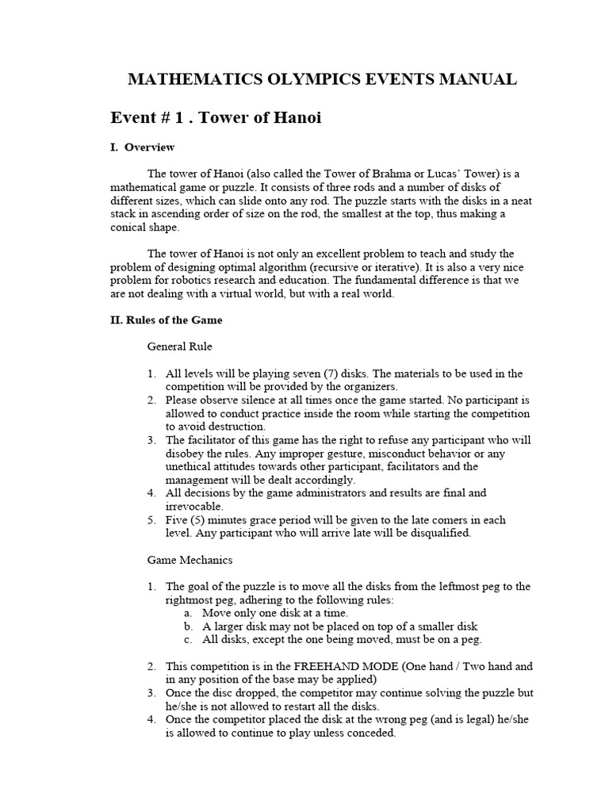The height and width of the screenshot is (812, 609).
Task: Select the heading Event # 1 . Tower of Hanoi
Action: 216,117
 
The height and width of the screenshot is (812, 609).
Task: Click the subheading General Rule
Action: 179,347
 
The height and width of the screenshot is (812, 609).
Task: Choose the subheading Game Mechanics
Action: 190,560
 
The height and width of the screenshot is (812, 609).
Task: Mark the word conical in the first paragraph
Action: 129,228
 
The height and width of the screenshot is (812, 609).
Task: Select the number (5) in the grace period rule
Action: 201,520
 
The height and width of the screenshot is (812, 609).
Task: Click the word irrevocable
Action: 194,507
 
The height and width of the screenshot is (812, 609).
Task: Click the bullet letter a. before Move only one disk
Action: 188,613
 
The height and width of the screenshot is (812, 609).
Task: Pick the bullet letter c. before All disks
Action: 188,639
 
